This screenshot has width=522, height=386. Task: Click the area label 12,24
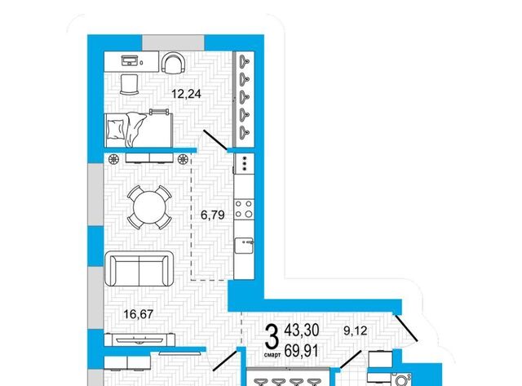(x=186, y=94)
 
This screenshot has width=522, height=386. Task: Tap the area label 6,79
(x=212, y=215)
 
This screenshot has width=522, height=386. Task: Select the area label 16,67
(x=139, y=313)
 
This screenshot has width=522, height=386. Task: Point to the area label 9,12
(x=356, y=331)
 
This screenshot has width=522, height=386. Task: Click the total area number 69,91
(x=301, y=351)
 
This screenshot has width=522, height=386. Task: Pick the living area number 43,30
(x=302, y=330)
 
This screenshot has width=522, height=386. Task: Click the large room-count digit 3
(x=272, y=336)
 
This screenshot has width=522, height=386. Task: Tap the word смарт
(x=272, y=355)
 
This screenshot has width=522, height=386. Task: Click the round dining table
(x=149, y=207)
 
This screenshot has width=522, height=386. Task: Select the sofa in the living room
(x=139, y=268)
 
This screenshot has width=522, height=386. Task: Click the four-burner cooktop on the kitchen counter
(x=244, y=209)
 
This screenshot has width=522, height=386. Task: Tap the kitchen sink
(x=244, y=246)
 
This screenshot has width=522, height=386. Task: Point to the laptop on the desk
(x=130, y=60)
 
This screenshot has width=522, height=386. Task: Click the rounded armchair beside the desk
(x=173, y=64)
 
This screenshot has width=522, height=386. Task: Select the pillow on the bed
(x=116, y=129)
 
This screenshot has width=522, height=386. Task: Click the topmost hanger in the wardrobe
(x=245, y=60)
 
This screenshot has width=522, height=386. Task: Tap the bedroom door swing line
(x=215, y=140)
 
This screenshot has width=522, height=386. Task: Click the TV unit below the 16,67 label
(x=139, y=339)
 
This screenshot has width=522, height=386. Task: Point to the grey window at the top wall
(x=173, y=42)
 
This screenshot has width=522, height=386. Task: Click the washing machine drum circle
(x=402, y=380)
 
